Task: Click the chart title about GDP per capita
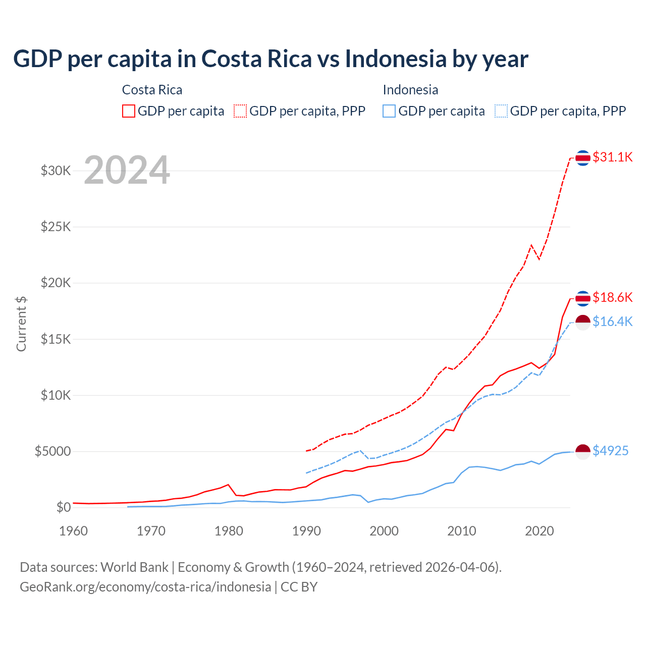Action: click(271, 59)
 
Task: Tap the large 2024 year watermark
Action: click(127, 170)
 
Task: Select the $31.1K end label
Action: click(612, 157)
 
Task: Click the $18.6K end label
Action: click(612, 297)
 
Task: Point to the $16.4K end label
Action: click(612, 321)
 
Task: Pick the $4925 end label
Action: click(610, 451)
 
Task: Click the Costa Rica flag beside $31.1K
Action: click(583, 158)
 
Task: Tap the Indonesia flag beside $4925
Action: click(583, 452)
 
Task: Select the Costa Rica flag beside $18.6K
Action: click(583, 298)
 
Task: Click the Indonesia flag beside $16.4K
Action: click(583, 322)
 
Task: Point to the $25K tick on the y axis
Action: click(56, 227)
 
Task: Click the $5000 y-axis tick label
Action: click(52, 451)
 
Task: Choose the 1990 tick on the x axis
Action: click(306, 531)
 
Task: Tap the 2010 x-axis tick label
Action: click(462, 531)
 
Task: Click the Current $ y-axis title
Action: click(21, 324)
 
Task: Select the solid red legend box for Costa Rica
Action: click(129, 111)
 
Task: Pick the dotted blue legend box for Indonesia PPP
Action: click(501, 111)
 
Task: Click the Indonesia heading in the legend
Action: click(410, 90)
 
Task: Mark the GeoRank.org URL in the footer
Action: click(145, 587)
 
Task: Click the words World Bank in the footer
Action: click(134, 567)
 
